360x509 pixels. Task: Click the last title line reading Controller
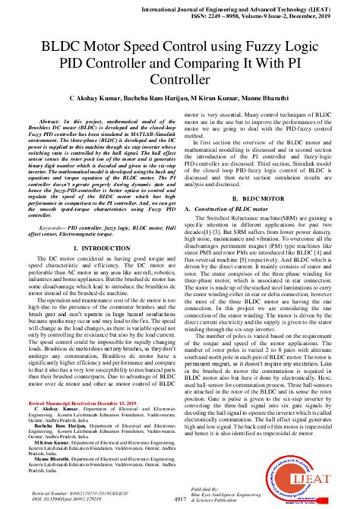pyautogui.click(x=180, y=79)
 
